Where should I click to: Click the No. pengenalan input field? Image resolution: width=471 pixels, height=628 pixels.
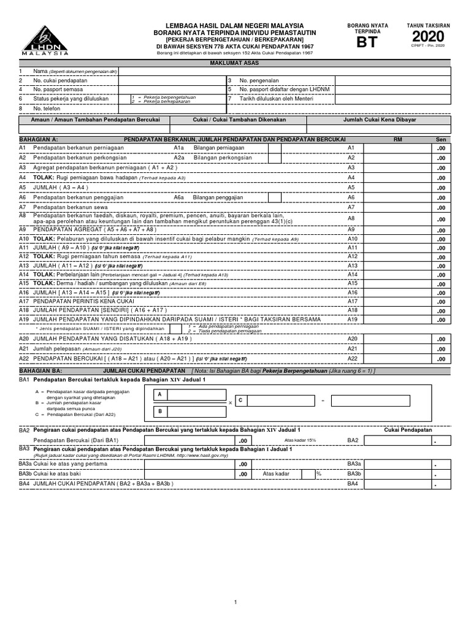pos(392,80)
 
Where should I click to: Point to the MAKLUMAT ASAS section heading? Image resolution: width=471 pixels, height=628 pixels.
pos(235,63)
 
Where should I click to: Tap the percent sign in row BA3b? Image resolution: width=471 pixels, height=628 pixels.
pos(318,474)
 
